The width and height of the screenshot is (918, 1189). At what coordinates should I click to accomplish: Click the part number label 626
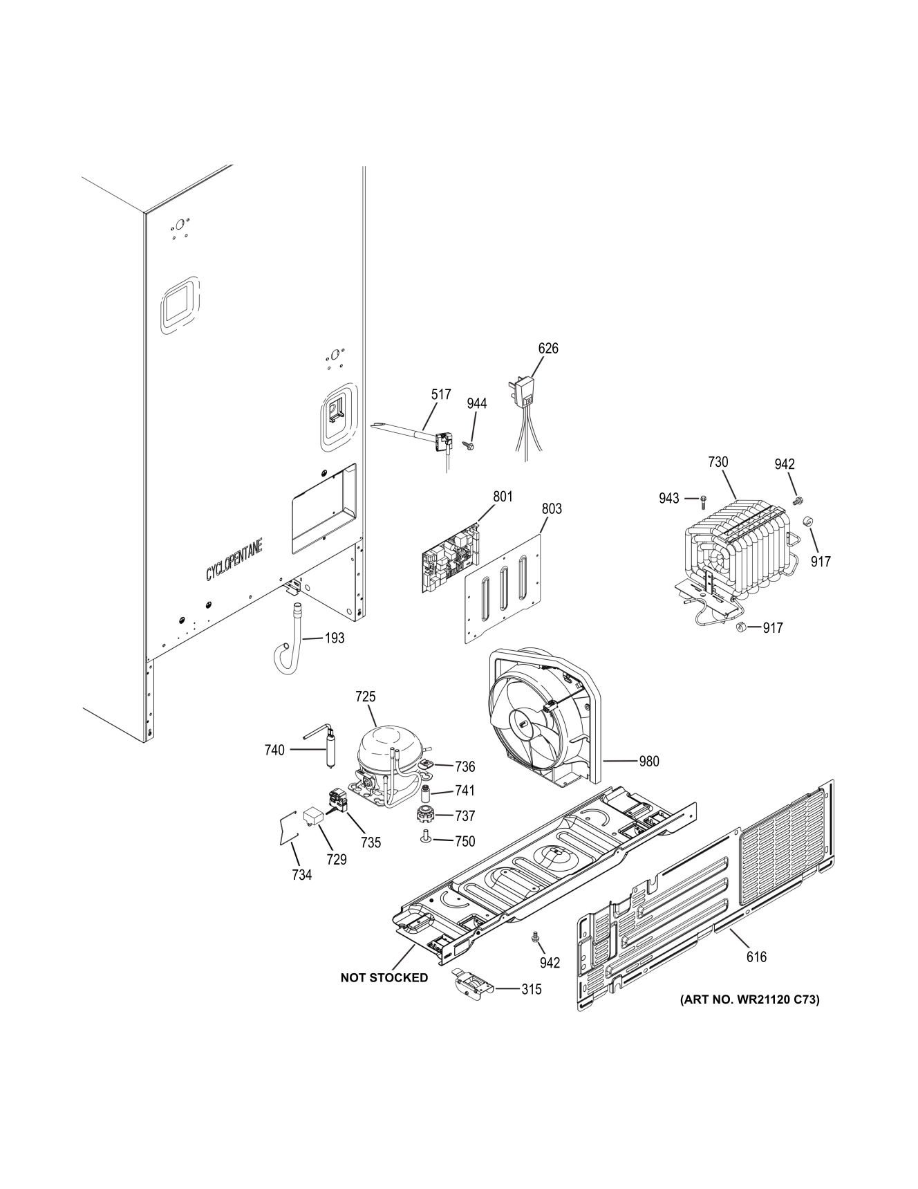[547, 349]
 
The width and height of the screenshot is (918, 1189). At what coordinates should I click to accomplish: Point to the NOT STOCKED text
[384, 977]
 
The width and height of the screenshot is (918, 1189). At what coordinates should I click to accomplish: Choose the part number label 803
[551, 508]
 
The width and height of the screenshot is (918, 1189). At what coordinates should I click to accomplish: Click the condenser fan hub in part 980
[523, 723]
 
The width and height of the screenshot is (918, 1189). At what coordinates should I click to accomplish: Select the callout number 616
[756, 957]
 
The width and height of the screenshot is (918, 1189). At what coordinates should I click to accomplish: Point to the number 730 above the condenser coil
[718, 462]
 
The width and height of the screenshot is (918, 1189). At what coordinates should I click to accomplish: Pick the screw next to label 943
[703, 498]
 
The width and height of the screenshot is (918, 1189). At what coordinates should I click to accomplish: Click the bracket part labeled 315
[471, 985]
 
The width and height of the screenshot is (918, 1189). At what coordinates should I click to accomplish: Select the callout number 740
[274, 750]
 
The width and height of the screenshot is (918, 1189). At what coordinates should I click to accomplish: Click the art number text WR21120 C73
[750, 999]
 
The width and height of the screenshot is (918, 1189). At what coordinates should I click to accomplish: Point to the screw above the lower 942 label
[534, 937]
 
